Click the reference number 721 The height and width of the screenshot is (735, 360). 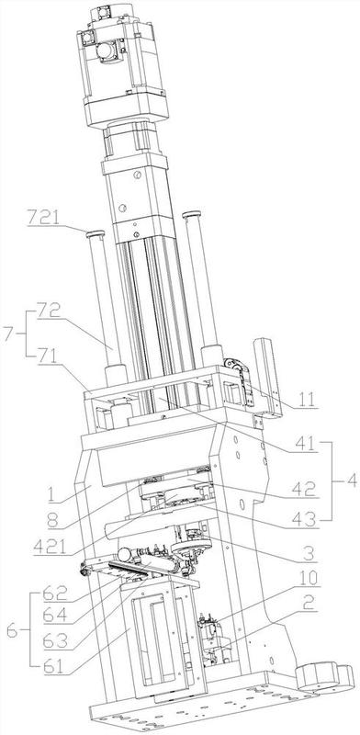click(x=43, y=217)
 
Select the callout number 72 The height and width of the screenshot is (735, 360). click(x=49, y=311)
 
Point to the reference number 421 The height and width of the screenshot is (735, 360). click(x=50, y=547)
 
